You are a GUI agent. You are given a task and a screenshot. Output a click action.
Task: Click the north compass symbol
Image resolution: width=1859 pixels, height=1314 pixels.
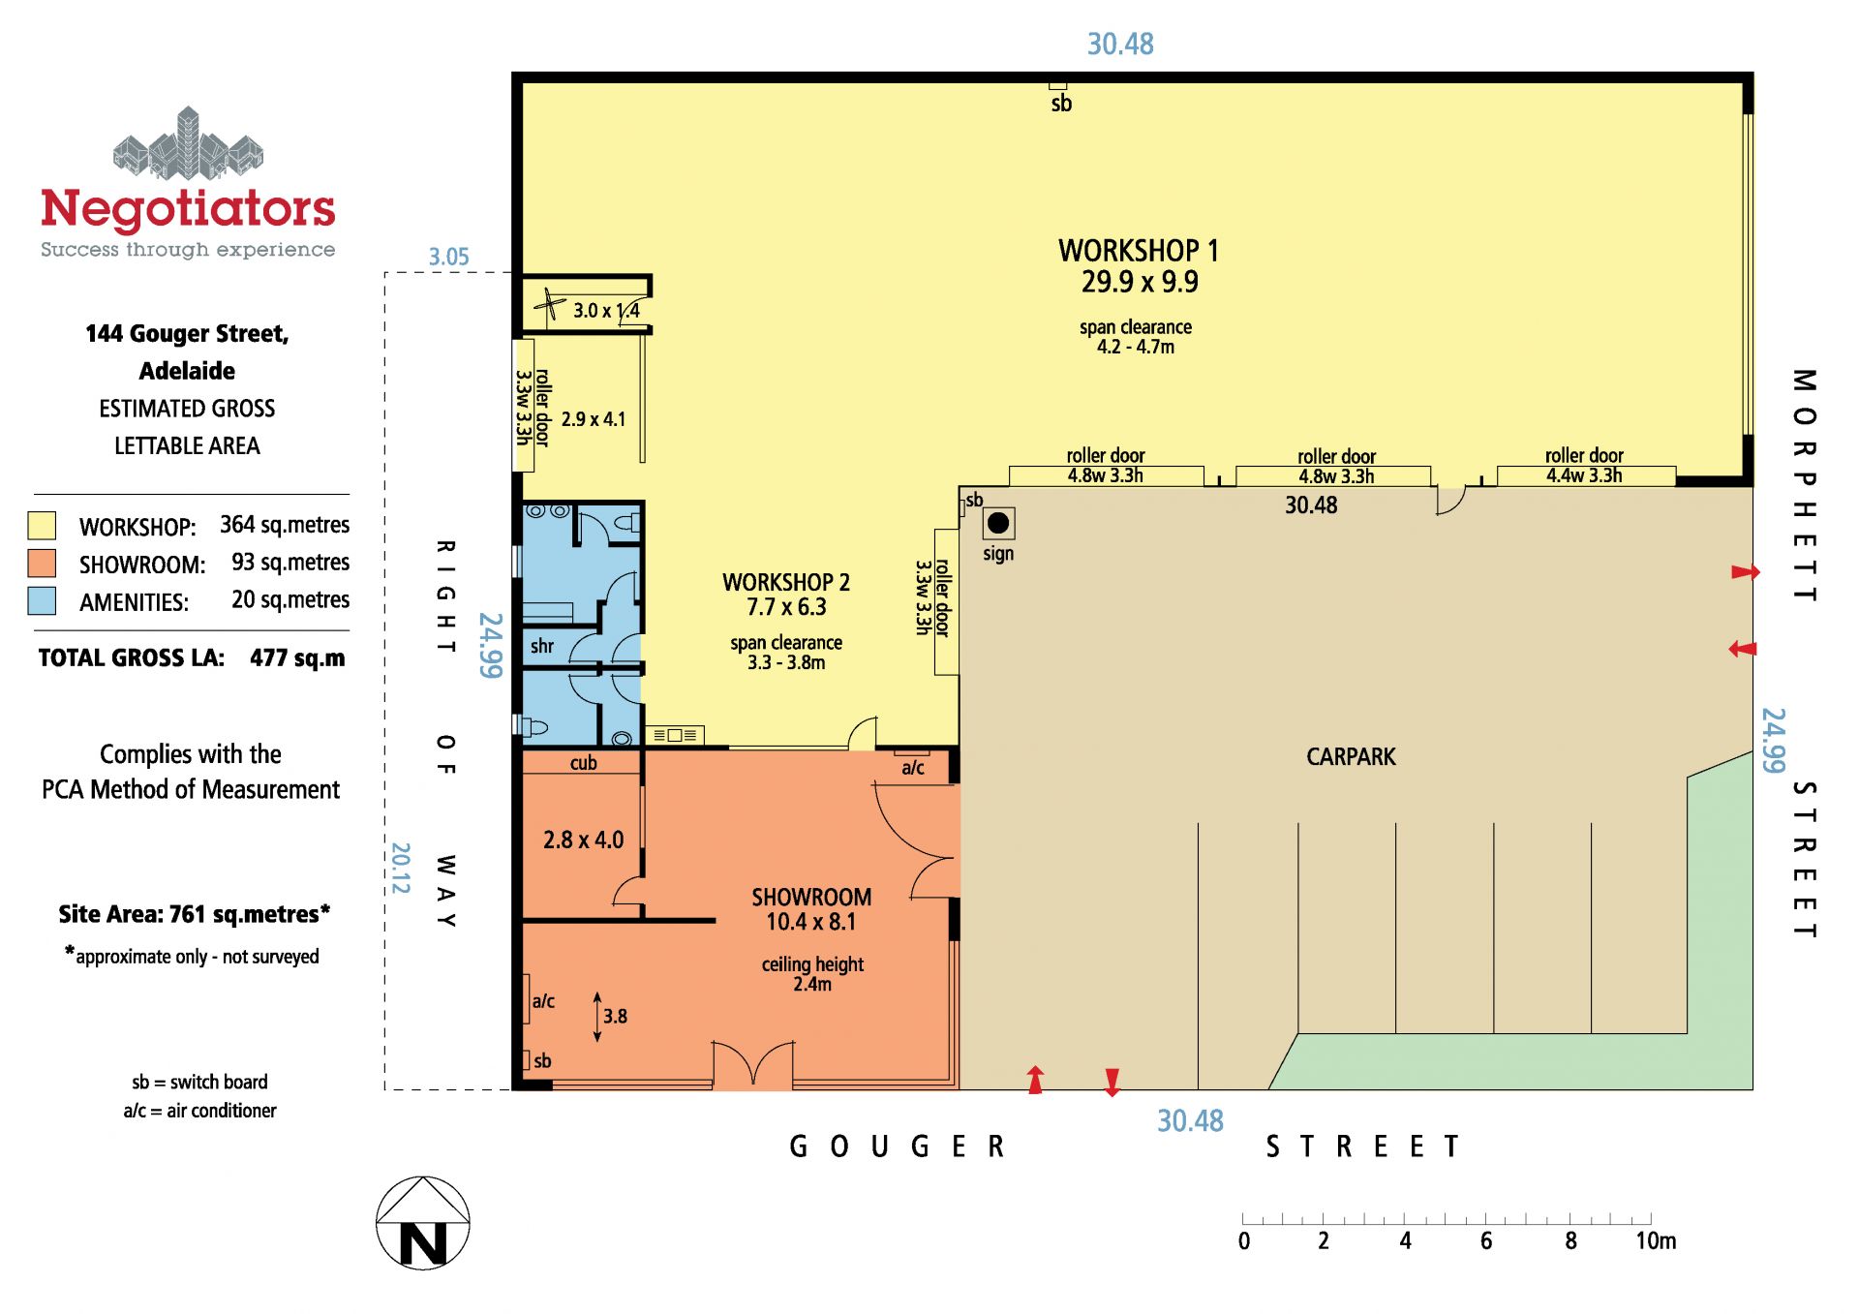click(x=423, y=1223)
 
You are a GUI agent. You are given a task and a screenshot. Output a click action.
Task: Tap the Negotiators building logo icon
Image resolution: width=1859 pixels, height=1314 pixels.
click(x=189, y=144)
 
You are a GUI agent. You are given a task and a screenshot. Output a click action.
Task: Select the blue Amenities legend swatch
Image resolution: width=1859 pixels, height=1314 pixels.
click(x=42, y=601)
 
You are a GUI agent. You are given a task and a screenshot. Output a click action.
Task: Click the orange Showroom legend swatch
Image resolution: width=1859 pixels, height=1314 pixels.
click(x=42, y=564)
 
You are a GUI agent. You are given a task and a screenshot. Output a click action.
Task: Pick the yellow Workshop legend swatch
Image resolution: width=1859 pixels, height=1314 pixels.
click(x=42, y=526)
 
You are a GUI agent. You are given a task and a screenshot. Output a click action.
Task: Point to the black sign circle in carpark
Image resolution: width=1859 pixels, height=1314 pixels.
click(x=998, y=524)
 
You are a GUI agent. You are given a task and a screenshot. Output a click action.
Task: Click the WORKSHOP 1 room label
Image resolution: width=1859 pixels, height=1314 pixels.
click(x=1139, y=251)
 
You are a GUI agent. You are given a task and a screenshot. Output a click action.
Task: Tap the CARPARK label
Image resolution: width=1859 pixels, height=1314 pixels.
click(x=1351, y=757)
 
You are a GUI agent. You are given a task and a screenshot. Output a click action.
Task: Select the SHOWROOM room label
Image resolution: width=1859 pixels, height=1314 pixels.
click(x=811, y=898)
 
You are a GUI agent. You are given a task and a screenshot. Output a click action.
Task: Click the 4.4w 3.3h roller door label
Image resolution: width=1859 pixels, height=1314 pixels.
click(x=1584, y=475)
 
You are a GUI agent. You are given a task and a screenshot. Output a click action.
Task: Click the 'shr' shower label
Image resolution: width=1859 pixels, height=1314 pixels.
click(x=542, y=646)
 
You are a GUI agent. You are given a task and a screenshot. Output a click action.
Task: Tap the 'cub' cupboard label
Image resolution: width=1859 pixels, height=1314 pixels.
click(x=583, y=763)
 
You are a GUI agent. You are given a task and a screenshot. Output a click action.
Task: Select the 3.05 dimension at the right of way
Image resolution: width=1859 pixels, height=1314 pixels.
click(x=448, y=257)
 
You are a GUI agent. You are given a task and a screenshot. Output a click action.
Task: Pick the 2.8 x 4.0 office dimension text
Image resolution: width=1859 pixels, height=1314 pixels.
click(x=583, y=840)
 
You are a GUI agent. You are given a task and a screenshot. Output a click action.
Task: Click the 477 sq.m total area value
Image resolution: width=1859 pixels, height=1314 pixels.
click(x=297, y=658)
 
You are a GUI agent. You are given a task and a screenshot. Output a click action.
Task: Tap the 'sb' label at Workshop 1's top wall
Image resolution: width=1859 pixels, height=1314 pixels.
click(x=1061, y=104)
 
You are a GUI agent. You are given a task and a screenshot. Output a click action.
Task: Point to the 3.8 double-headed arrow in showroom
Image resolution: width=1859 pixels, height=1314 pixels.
click(x=597, y=1017)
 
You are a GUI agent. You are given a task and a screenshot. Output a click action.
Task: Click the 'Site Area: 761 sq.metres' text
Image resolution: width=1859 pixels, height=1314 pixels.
click(x=194, y=914)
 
